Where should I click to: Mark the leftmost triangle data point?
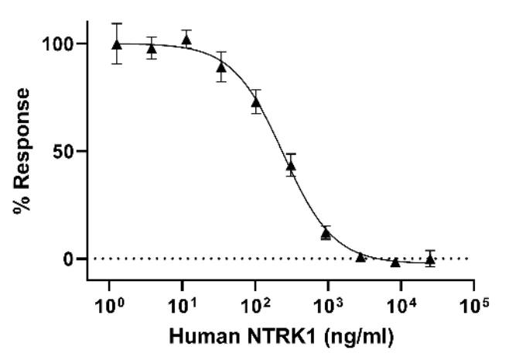116,44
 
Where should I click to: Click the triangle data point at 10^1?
186,39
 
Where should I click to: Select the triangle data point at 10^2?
256,102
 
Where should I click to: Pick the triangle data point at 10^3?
326,232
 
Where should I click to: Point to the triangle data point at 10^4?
395,262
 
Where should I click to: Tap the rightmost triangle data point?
430,259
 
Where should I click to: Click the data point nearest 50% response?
291,166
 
